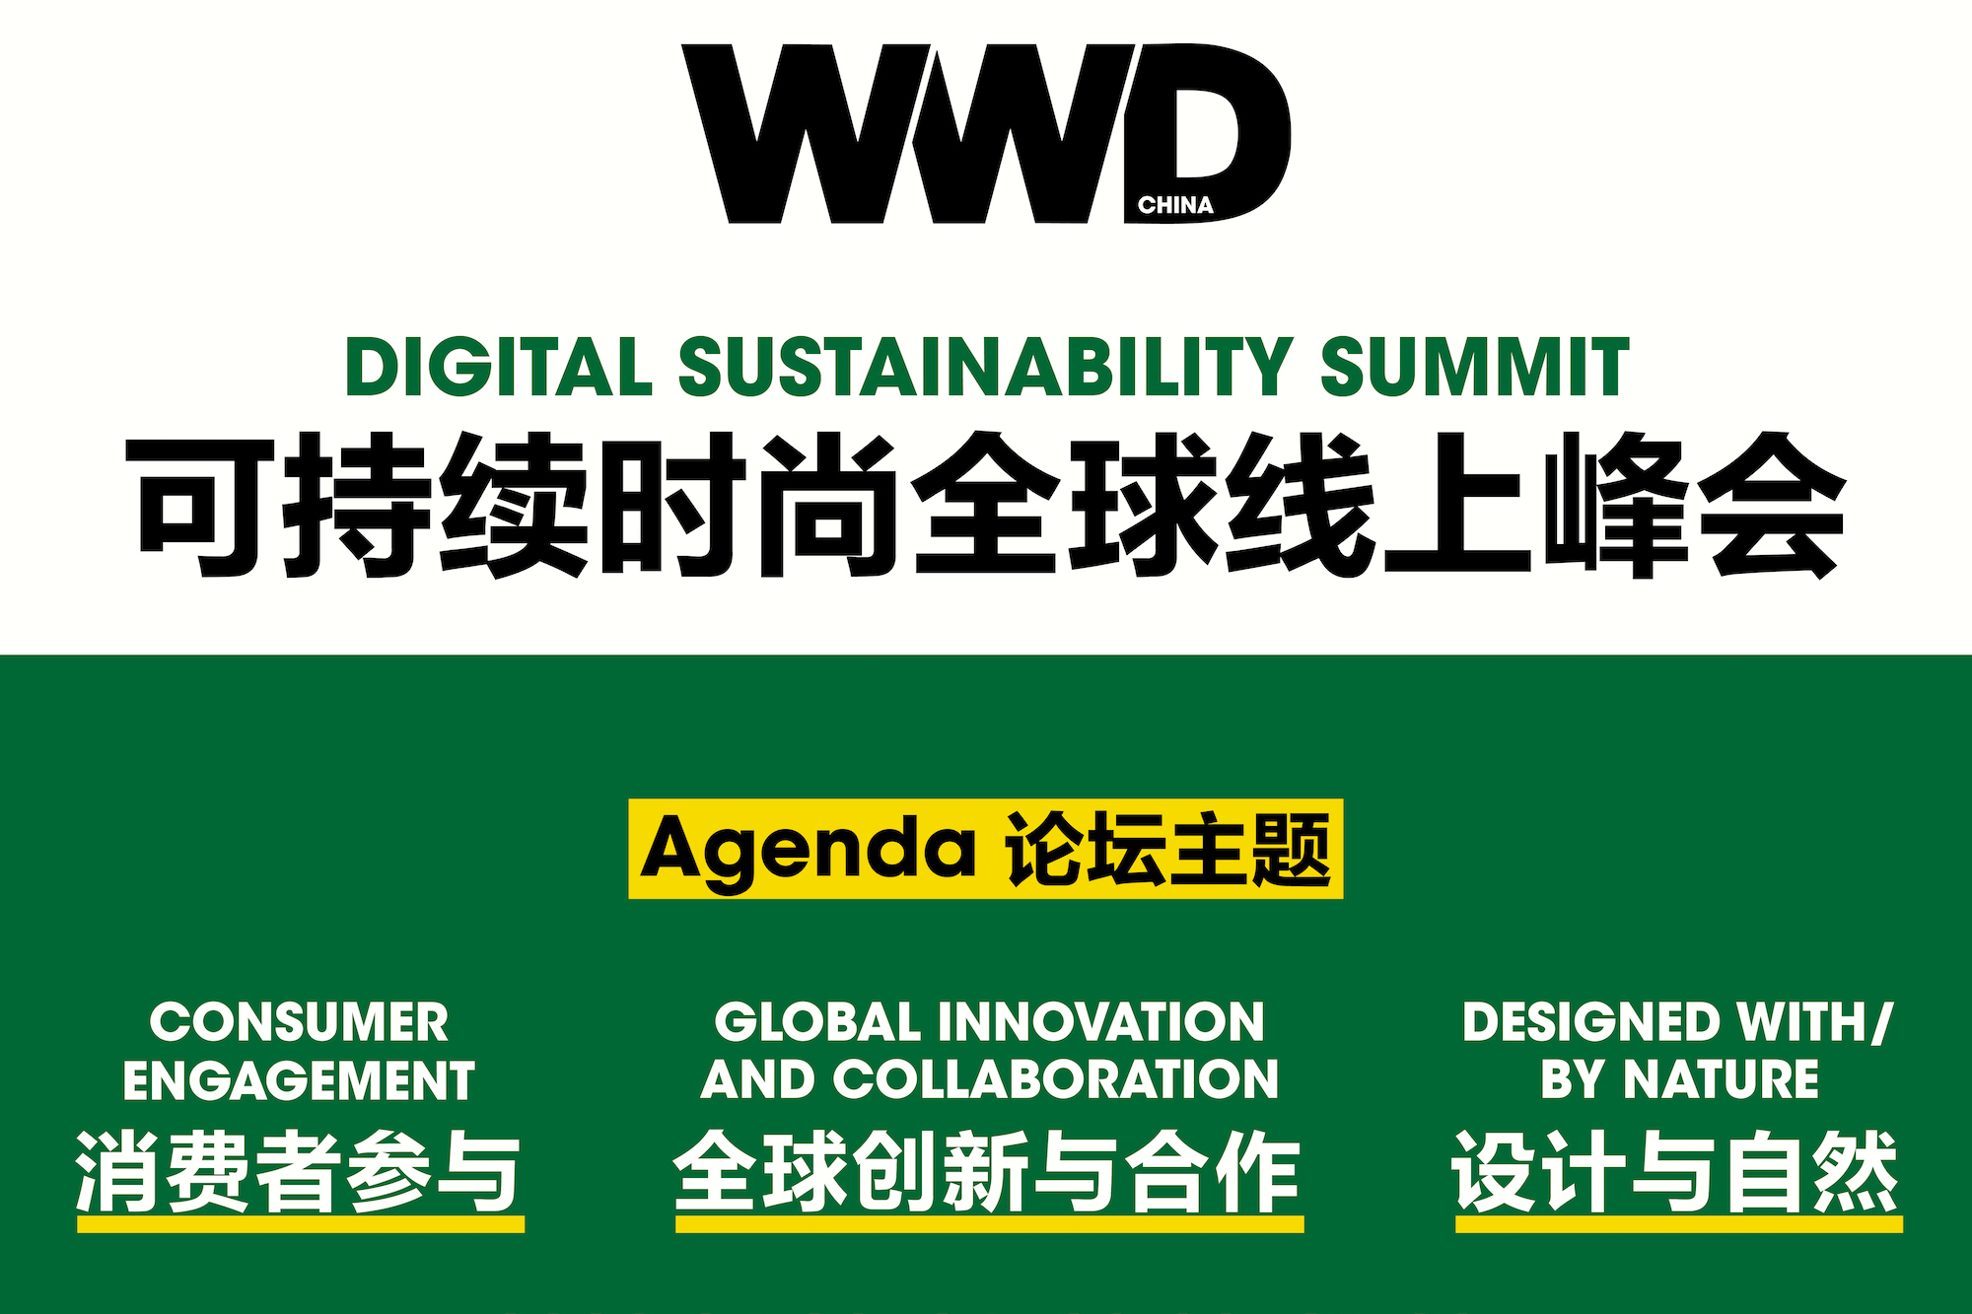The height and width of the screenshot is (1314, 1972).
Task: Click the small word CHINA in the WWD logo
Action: [1174, 205]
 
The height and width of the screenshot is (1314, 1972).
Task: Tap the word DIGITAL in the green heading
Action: [499, 367]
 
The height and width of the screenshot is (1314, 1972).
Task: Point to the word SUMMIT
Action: [1474, 367]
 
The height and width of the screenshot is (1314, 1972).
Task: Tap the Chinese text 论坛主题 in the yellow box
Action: [1168, 850]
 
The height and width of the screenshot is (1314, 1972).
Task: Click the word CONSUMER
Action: [299, 1022]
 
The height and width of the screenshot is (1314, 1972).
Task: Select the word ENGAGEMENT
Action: [299, 1080]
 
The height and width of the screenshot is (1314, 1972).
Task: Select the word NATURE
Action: [1721, 1079]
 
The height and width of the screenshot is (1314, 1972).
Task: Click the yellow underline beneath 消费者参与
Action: [301, 1224]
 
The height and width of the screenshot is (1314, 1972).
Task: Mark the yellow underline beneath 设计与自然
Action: [1678, 1224]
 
